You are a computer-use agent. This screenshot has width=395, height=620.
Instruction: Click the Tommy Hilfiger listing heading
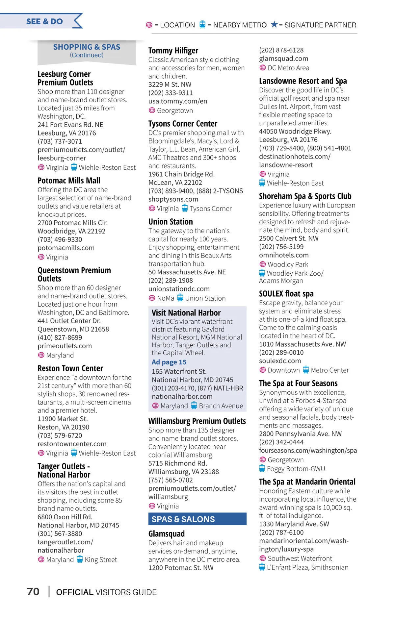(173, 50)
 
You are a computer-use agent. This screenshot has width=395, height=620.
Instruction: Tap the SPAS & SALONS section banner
(183, 519)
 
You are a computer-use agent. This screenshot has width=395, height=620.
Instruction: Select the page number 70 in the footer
(33, 592)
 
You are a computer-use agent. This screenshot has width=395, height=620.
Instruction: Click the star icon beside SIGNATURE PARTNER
(274, 24)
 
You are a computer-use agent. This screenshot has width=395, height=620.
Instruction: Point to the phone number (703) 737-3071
(60, 141)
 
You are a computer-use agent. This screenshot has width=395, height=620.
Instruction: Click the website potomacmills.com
(66, 248)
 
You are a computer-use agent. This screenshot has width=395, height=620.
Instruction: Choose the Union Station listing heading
(171, 222)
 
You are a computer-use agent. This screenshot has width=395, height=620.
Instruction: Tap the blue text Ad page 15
(169, 362)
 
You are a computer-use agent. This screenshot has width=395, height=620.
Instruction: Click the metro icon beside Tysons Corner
(185, 208)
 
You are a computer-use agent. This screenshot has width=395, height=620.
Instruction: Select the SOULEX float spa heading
(286, 294)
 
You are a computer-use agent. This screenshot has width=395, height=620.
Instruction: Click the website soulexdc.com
(280, 361)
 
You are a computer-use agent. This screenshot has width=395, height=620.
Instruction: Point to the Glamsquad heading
(166, 533)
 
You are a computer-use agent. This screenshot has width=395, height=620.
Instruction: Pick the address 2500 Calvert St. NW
(289, 238)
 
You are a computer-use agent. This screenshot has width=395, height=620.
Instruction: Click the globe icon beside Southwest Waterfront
(263, 558)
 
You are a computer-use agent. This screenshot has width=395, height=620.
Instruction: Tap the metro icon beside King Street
(80, 559)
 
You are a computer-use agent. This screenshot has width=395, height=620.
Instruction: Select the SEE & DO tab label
(44, 21)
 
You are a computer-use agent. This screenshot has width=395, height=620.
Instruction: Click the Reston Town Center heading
(70, 368)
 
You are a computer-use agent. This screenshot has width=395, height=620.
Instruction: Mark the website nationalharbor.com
(182, 397)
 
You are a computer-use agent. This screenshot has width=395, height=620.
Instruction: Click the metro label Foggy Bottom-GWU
(296, 469)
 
